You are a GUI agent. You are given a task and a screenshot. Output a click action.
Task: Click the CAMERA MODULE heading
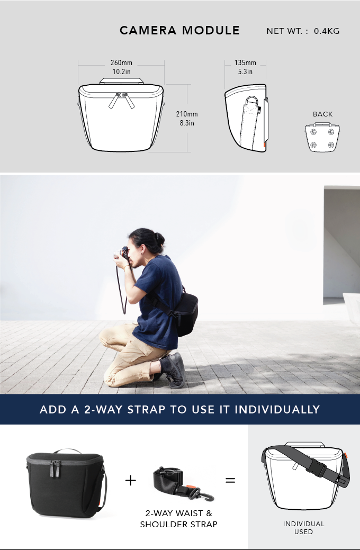pyautogui.click(x=179, y=30)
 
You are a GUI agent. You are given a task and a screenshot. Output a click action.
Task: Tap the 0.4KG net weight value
pyautogui.click(x=327, y=31)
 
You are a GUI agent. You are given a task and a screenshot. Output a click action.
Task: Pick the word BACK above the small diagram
pyautogui.click(x=322, y=114)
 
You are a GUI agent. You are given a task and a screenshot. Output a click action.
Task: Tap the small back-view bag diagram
pyautogui.click(x=322, y=137)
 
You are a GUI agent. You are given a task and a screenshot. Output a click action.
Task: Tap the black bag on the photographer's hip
pyautogui.click(x=186, y=312)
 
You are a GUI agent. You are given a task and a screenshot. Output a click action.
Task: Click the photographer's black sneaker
pyautogui.click(x=175, y=370)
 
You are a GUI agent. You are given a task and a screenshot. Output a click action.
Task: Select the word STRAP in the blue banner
pyautogui.click(x=161, y=409)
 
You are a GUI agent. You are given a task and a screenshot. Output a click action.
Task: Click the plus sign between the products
pyautogui.click(x=130, y=480)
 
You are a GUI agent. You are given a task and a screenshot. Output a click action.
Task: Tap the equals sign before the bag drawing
pyautogui.click(x=230, y=480)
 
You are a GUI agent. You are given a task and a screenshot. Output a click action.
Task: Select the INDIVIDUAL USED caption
pyautogui.click(x=303, y=527)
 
